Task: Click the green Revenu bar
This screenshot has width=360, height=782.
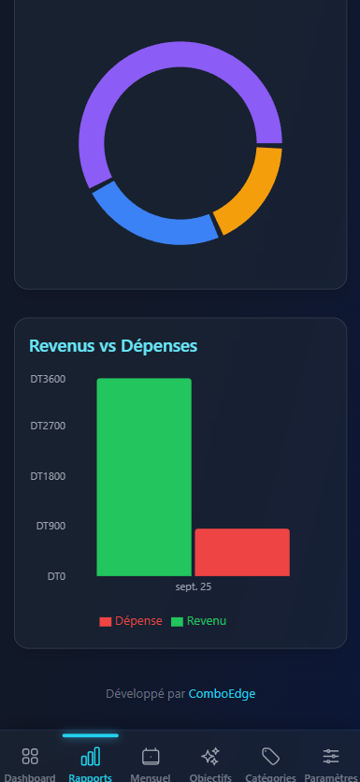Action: pos(144,477)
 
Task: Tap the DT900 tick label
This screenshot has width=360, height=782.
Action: pos(50,526)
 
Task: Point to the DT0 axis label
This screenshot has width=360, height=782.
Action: pos(56,576)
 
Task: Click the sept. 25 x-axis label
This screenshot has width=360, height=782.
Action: pos(193,587)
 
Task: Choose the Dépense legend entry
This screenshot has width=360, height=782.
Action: pos(131,621)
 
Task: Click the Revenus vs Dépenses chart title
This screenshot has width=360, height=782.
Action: pos(113,345)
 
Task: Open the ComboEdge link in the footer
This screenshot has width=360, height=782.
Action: pos(222,694)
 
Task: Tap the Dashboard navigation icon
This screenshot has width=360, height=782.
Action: pos(30,756)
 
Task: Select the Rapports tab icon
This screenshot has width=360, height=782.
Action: pos(91,756)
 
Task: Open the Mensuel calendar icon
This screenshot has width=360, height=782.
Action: pos(151,756)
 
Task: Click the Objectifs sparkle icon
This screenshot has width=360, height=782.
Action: pos(210,756)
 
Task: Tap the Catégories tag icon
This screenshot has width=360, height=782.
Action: pos(270,756)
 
